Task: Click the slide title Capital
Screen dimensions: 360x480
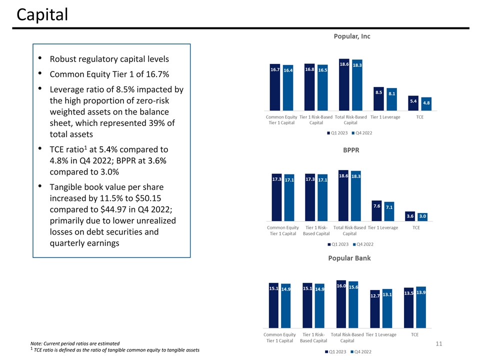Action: (42, 15)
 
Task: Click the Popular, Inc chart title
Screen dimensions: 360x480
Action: (351, 36)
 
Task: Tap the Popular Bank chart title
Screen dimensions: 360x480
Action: (349, 258)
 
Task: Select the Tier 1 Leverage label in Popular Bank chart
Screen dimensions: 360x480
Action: (381, 334)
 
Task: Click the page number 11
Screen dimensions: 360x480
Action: (439, 344)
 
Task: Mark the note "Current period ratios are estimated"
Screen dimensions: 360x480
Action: (75, 343)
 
